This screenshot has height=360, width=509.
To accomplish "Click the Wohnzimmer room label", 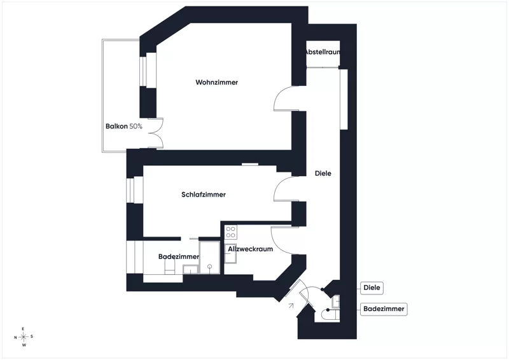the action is tap(216, 82).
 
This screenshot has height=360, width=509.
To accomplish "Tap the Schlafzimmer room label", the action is tap(204, 195).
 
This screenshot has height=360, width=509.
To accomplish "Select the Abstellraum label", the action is tap(322, 52).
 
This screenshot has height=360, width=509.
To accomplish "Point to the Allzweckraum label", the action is tap(250, 249).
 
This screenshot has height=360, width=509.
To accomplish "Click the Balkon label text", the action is tap(116, 127).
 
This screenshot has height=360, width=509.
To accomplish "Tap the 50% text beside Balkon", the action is tap(136, 127).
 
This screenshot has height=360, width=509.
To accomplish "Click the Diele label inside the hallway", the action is tap(323, 174).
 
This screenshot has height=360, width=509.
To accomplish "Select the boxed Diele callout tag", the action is tap(372, 287).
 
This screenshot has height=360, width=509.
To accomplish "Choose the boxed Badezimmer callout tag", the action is tap(384, 308).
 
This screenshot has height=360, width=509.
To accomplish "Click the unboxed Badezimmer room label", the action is tap(179, 256).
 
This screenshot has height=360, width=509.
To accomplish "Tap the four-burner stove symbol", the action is tap(231, 232).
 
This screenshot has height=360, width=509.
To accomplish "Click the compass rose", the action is tap(24, 336).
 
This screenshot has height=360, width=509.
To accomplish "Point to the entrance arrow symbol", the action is tap(291, 305).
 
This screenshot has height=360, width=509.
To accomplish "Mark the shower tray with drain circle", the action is tap(209, 258).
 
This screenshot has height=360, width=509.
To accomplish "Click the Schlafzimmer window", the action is tap(135, 190).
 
